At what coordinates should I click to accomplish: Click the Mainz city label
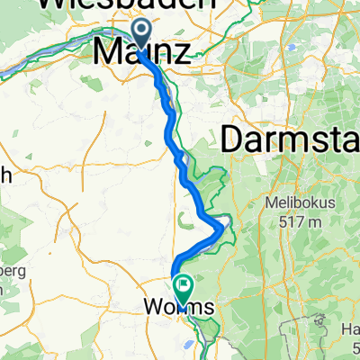click(141, 51)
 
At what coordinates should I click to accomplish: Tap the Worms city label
click(179, 308)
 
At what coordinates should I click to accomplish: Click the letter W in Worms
click(152, 308)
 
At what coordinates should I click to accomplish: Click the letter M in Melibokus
click(269, 202)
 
